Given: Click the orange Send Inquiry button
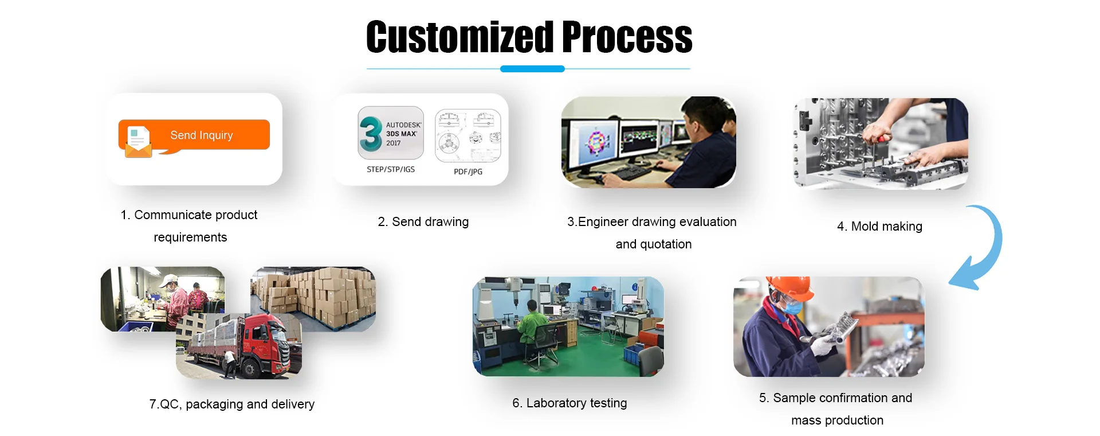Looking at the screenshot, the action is coord(194,135).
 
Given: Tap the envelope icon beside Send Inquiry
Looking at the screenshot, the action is coord(138,141).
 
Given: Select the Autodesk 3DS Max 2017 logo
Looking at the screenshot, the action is coord(391,133).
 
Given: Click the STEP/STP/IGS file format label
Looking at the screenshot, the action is coord(391,169).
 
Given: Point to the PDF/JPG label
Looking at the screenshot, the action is coord(468,172).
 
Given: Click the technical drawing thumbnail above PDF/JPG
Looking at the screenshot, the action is coord(468,136).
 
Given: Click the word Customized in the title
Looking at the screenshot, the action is coord(460,37).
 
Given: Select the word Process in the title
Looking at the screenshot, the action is coord(627,37).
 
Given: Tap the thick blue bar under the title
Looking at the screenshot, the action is coord(532,69).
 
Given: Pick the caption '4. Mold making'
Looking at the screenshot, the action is coord(879,227).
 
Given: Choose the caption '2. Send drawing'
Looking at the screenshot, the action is coord(423,222).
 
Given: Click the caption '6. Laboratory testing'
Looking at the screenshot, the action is coord(569,403).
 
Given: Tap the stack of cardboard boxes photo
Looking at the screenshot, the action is coord(313,299).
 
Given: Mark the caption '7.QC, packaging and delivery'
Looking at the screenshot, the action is coord(232,404).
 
